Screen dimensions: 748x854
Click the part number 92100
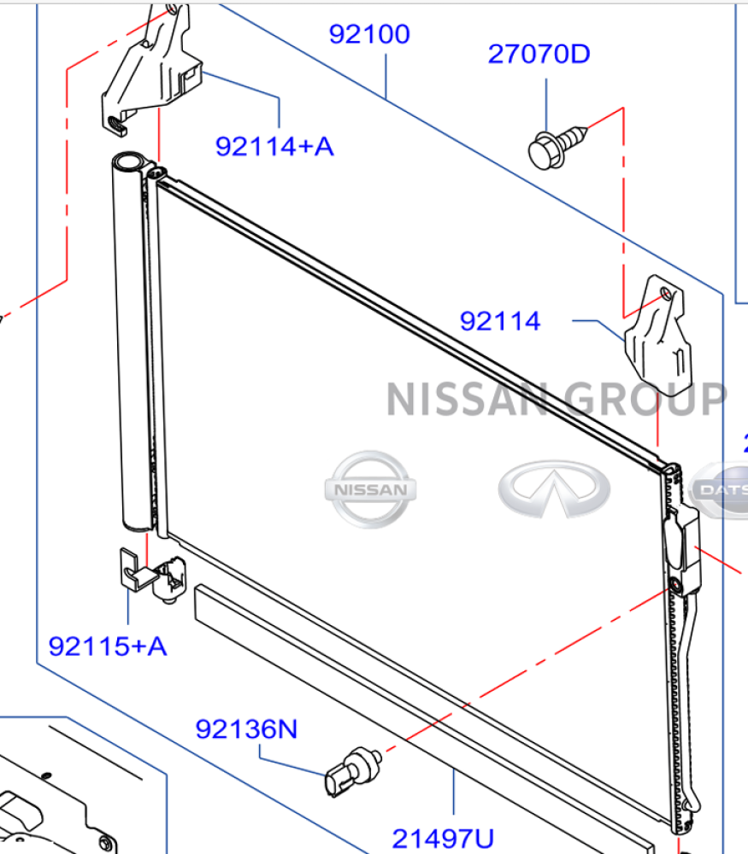369,34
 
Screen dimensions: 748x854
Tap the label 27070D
539,54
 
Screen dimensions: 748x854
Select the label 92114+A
274,147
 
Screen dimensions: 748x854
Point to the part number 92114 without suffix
500,321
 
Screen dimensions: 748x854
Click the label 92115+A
108,646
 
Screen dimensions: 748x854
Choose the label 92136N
246,728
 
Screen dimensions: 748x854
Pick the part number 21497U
443,839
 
